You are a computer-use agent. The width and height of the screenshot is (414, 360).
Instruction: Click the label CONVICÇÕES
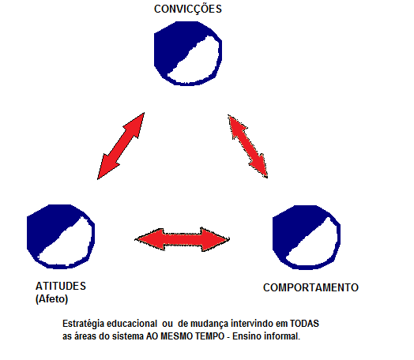click(188, 9)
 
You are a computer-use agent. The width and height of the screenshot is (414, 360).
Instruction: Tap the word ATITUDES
click(61, 286)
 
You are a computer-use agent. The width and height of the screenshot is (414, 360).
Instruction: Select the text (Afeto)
click(52, 299)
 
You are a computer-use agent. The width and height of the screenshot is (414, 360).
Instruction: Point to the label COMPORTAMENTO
click(310, 287)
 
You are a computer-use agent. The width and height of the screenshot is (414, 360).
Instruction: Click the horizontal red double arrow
click(183, 239)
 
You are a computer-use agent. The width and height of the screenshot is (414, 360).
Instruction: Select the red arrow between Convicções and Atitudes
click(121, 146)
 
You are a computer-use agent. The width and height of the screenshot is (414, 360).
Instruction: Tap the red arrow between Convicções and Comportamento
click(247, 146)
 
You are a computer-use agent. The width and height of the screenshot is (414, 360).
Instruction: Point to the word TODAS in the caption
click(304, 324)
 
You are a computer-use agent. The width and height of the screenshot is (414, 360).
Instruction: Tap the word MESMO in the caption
click(176, 336)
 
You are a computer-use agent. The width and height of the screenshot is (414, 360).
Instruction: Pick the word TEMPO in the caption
click(209, 336)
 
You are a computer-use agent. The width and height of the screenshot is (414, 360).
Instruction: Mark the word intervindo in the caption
click(252, 324)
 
